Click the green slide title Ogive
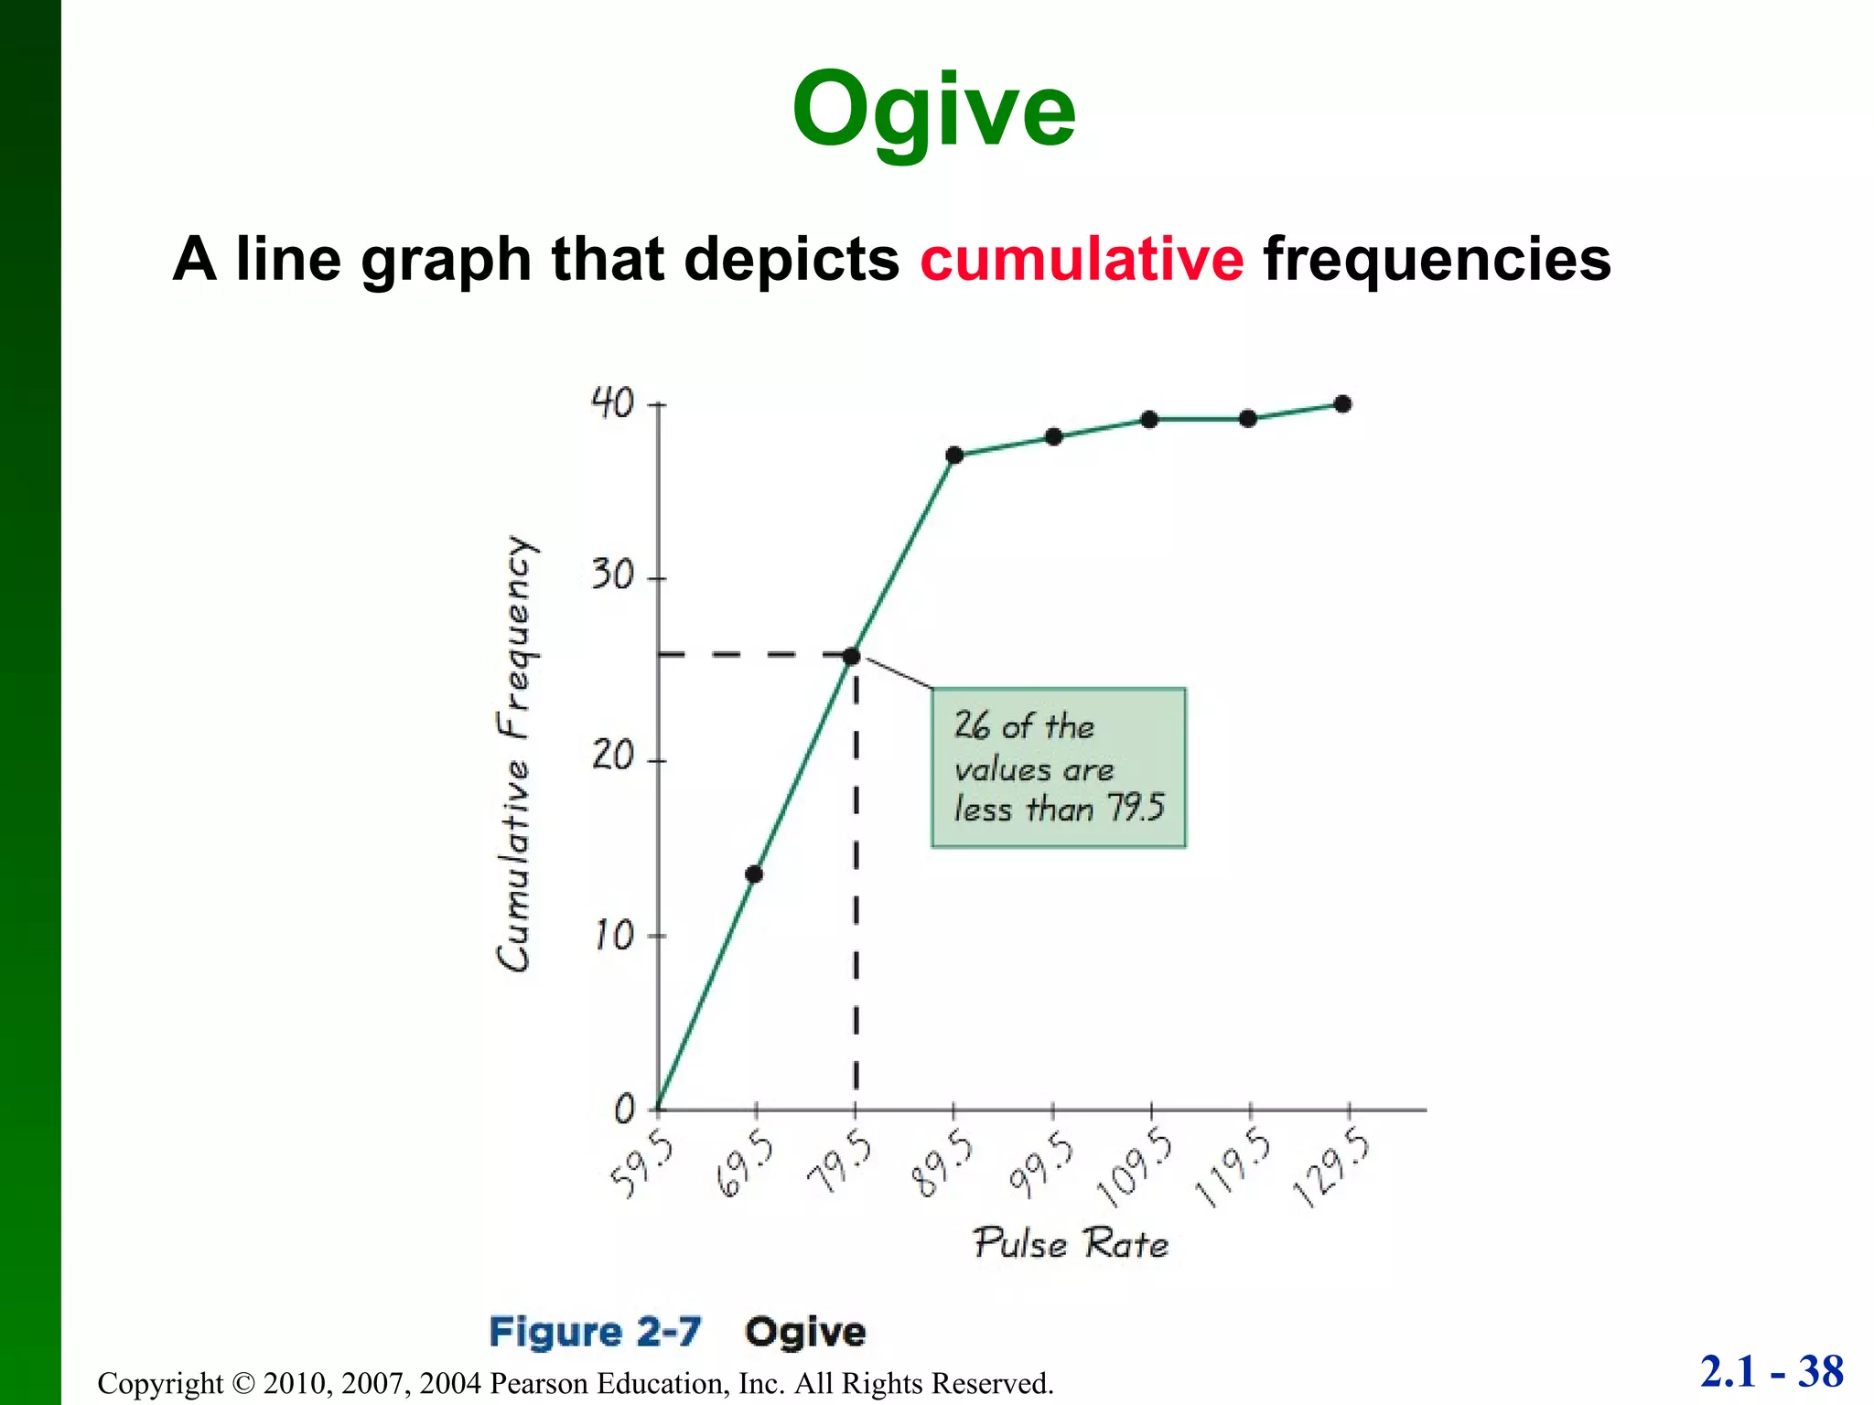click(x=933, y=112)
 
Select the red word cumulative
click(x=1082, y=259)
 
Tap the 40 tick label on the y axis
click(x=611, y=402)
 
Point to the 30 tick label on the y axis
click(x=611, y=575)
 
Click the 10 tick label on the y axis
click(x=613, y=935)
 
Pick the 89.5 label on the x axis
click(x=942, y=1164)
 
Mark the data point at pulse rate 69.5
click(x=754, y=874)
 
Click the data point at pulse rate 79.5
click(x=851, y=656)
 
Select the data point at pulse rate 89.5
click(x=954, y=456)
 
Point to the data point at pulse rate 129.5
click(x=1342, y=404)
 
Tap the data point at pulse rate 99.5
click(x=1053, y=437)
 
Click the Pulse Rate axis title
click(x=1070, y=1244)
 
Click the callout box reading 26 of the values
click(x=1059, y=767)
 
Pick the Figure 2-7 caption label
click(x=595, y=1332)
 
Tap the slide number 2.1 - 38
click(x=1772, y=1372)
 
